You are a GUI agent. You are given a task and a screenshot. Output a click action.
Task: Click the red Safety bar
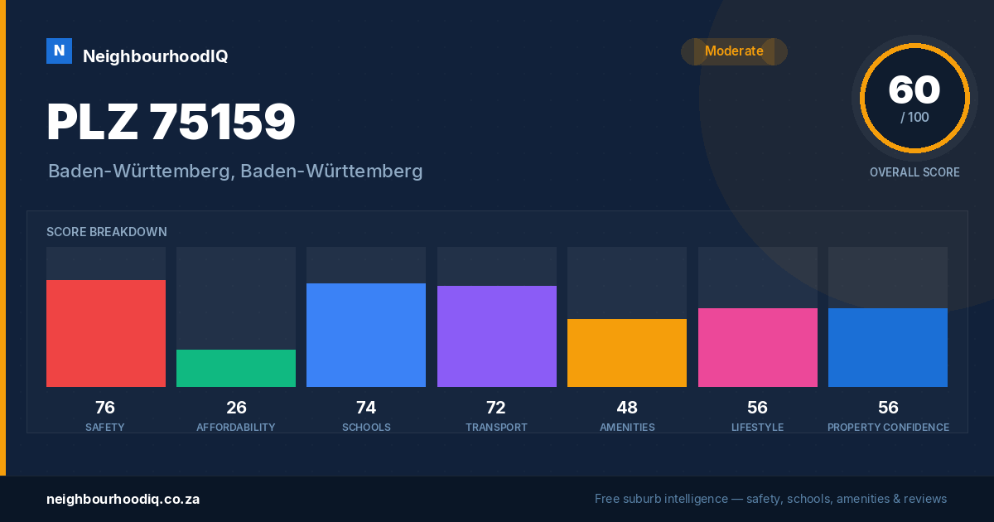coord(106,333)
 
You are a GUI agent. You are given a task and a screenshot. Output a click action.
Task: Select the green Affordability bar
coord(236,368)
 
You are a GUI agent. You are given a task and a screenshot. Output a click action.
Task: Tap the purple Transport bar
coord(496,336)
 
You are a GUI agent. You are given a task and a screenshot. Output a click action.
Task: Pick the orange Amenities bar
coord(627,353)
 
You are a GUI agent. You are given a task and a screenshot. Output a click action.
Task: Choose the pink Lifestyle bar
coord(757,347)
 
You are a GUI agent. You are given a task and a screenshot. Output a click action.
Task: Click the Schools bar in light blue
coord(366,335)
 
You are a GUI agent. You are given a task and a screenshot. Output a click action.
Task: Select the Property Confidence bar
coord(888,347)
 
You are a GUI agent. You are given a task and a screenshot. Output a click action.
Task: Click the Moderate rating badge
coord(735,51)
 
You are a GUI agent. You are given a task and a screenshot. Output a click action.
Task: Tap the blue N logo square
coord(59,51)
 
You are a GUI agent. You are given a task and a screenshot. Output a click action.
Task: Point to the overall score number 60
coord(914,89)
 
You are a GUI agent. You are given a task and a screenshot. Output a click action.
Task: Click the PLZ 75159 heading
coord(171,122)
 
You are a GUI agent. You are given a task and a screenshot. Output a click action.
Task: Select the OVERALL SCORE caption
coord(914,172)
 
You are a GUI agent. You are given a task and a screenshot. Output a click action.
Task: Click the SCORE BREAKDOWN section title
coord(107,232)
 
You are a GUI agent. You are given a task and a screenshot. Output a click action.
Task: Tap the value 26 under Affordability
coord(236,408)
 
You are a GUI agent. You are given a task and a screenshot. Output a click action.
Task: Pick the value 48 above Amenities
coord(627,408)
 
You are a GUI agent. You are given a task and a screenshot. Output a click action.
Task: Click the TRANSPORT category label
coord(496,427)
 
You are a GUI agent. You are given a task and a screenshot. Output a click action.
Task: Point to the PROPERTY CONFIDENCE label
coord(888,427)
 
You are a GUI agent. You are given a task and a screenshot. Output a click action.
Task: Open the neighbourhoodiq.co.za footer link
coord(123,500)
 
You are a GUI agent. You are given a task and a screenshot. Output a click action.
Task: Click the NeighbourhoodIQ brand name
coord(156,56)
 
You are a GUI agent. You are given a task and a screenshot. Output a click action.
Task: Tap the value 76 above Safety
coord(105,408)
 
